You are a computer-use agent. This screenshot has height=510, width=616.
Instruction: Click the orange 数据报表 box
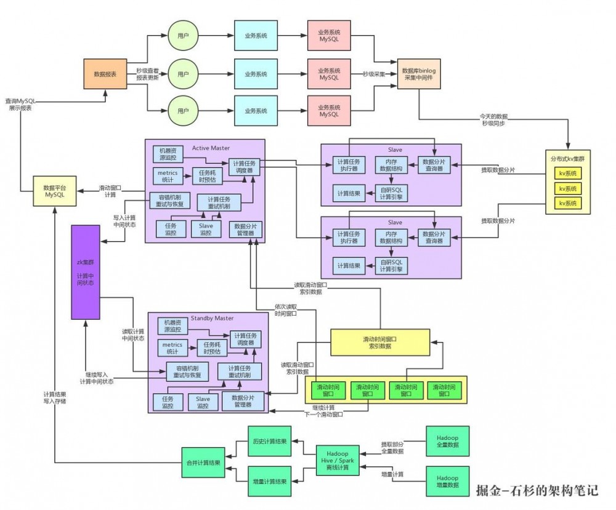coord(105,74)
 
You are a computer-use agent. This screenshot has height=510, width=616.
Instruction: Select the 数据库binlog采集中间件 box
coord(419,74)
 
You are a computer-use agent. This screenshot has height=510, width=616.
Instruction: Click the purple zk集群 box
coord(85,272)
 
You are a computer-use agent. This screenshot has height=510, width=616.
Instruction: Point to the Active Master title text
coord(211,148)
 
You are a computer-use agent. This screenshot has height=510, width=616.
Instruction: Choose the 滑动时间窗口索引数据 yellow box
coord(379,343)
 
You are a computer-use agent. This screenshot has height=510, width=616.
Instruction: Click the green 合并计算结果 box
coord(203,462)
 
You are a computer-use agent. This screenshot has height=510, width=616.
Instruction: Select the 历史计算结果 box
coord(269,441)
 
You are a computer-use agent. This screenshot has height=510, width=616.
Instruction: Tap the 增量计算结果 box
coord(269,482)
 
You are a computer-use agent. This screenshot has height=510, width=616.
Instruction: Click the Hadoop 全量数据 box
coord(447,441)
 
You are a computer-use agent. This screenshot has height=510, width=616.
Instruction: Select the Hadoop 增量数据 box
coord(447,482)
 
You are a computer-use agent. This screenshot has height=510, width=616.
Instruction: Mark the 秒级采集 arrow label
coord(375,74)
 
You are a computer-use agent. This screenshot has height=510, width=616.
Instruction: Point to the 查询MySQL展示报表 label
coord(20,104)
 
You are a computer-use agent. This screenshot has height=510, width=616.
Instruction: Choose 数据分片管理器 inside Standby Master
coord(246,401)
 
